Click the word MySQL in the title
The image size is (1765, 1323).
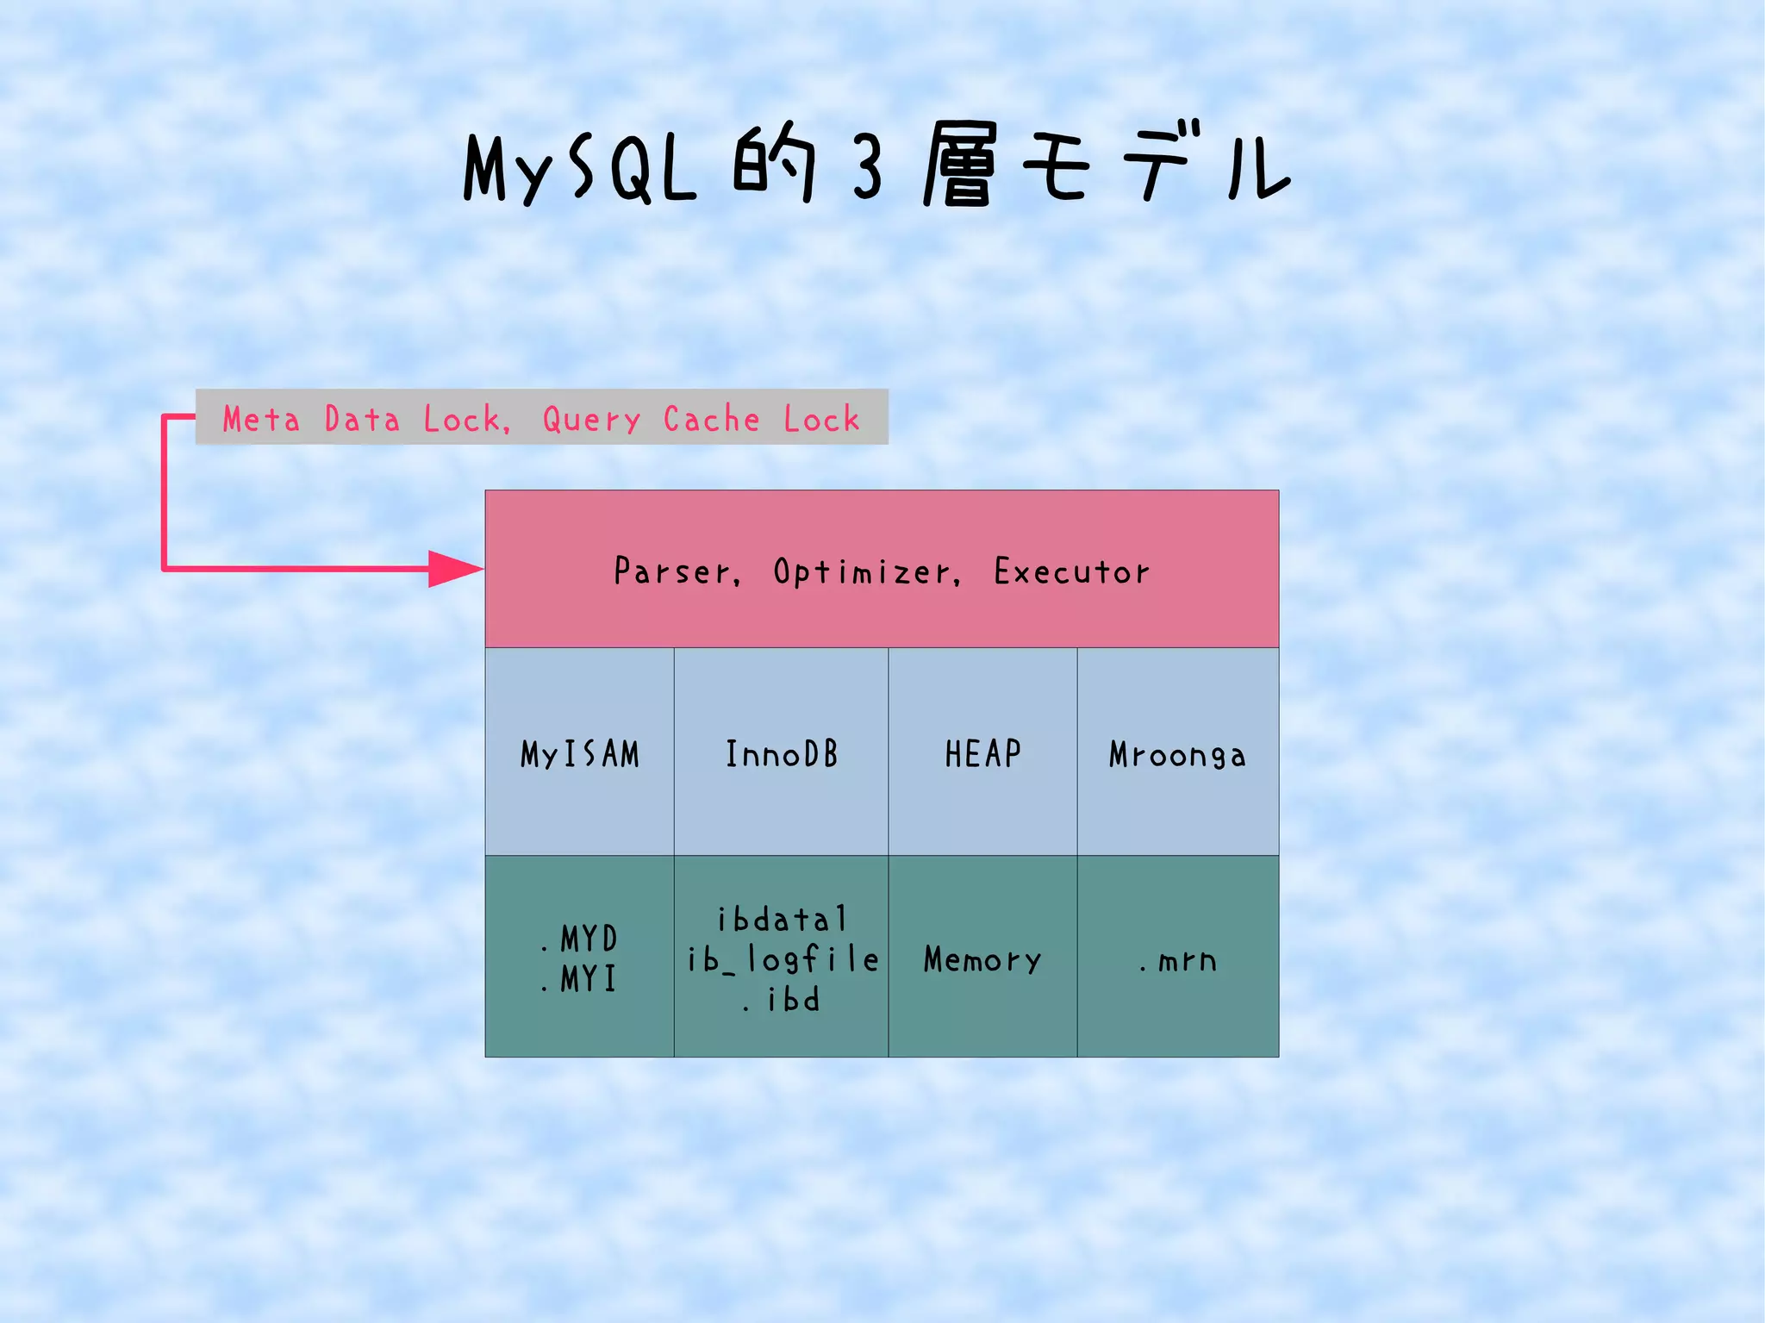[x=579, y=168]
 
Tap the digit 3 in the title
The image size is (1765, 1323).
[x=868, y=168]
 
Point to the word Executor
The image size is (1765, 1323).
[x=1071, y=571]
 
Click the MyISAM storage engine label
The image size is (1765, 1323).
[x=580, y=754]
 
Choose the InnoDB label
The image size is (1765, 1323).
[x=782, y=754]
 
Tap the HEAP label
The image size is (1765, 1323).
[x=983, y=754]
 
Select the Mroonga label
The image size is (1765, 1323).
[x=1177, y=755]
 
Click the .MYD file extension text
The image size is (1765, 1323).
[x=581, y=939]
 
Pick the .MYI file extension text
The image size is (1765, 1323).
[x=581, y=979]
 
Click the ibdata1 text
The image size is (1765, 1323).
[x=783, y=920]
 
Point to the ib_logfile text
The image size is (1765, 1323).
[x=783, y=959]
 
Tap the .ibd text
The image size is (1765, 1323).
[x=783, y=1000]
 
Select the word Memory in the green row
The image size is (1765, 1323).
[x=982, y=959]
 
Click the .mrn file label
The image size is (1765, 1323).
[x=1178, y=960]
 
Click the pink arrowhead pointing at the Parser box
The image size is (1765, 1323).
[x=455, y=569]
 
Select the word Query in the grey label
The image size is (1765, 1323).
[x=591, y=420]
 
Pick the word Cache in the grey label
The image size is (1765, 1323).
[x=711, y=419]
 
